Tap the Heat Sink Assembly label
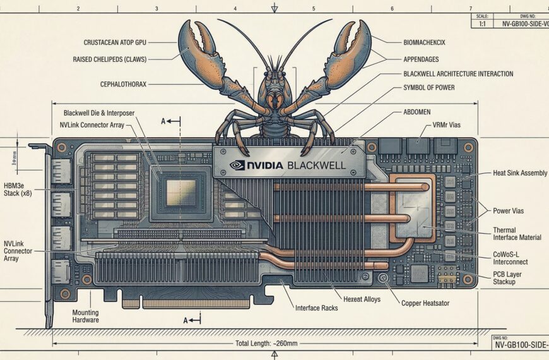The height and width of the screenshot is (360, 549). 519,173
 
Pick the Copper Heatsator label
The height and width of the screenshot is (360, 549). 425,303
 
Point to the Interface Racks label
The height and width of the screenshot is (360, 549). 316,308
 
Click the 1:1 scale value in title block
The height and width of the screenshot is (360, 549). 483,23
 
